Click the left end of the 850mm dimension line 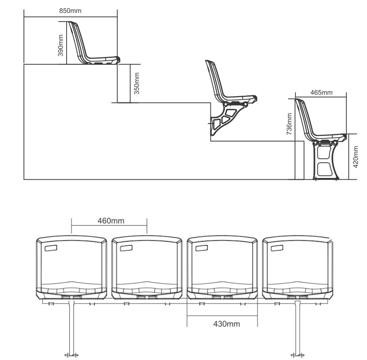pyautogui.click(x=24, y=17)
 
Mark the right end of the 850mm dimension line pyautogui.click(x=117, y=17)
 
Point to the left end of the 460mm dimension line pyautogui.click(x=72, y=226)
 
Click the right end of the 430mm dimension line pyautogui.click(x=257, y=316)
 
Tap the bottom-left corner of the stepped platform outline pyautogui.click(x=24, y=179)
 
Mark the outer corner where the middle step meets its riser pyautogui.click(x=211, y=102)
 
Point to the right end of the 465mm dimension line pyautogui.click(x=346, y=97)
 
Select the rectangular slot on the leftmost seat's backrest pyautogui.click(x=51, y=248)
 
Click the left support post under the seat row pyautogui.click(x=72, y=328)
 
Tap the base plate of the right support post pyautogui.click(x=297, y=355)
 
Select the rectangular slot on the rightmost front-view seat pyautogui.click(x=277, y=248)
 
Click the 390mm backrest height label pyautogui.click(x=61, y=45)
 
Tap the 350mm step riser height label pyautogui.click(x=137, y=83)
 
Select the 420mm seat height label pyautogui.click(x=355, y=157)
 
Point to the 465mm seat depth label pyautogui.click(x=322, y=93)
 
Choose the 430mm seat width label pyautogui.click(x=227, y=324)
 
